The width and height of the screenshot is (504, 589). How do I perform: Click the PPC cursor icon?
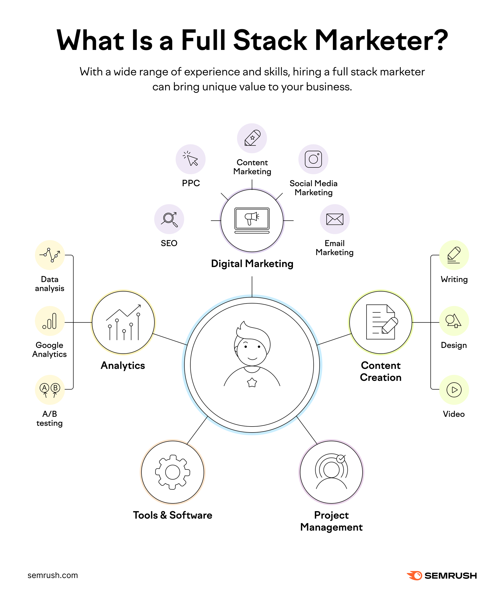tap(190, 159)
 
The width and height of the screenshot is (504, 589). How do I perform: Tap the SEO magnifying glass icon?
tap(169, 219)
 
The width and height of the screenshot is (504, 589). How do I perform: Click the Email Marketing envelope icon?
tap(335, 219)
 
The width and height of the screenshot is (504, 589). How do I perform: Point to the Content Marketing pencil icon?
tap(252, 138)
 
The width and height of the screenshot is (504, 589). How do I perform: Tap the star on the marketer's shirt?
tap(252, 383)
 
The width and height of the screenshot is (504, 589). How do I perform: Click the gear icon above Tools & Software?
tap(173, 472)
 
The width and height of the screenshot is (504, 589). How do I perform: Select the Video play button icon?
tap(454, 390)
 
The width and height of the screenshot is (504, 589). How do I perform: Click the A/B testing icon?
tap(50, 390)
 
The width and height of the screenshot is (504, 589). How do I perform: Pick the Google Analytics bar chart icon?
tap(50, 321)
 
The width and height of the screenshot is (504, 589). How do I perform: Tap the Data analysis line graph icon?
tap(50, 255)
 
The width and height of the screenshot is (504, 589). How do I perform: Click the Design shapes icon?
tap(454, 321)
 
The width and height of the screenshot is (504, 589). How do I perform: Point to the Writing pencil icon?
tap(454, 255)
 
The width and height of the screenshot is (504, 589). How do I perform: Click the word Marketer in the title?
tap(381, 40)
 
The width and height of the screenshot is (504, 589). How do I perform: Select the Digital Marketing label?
tap(252, 264)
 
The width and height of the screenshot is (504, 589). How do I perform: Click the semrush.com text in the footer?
tap(53, 575)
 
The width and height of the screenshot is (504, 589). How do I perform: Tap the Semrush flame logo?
tap(414, 575)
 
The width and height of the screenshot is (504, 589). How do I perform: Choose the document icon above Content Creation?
tap(381, 322)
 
